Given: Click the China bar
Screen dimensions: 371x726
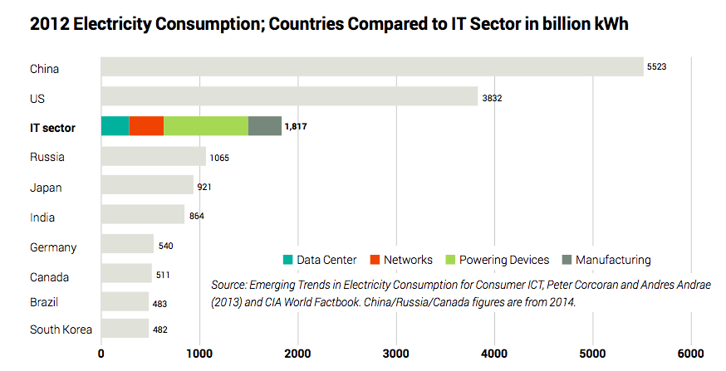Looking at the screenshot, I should tap(371, 66).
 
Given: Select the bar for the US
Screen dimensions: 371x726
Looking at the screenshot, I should tap(289, 97).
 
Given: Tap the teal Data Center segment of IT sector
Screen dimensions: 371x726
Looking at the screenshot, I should tap(115, 126).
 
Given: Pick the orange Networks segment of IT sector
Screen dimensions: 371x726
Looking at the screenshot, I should tap(146, 126).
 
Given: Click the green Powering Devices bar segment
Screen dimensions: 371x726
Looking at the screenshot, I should tap(205, 126).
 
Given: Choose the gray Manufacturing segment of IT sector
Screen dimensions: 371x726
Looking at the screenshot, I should tap(264, 126).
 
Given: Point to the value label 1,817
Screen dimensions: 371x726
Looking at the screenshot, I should tap(297, 127).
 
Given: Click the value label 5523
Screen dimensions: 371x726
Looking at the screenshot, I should tap(657, 66).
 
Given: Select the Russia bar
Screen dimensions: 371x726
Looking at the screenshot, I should tap(153, 156).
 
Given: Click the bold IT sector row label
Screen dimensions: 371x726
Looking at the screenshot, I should tap(52, 127).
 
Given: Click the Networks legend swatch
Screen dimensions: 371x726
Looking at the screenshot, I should tap(376, 260).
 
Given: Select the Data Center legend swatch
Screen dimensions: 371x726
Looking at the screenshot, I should tap(287, 260).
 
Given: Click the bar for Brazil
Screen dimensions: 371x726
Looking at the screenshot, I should tap(125, 301).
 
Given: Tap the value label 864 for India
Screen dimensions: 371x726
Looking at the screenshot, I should tap(196, 217).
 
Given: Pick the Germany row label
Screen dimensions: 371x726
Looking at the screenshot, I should tap(53, 247).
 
